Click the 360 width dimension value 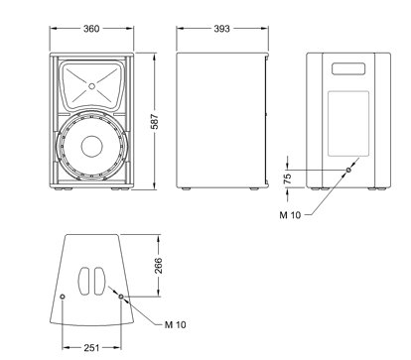pos(91,29)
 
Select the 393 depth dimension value pos(221,29)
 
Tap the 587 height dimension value pos(155,122)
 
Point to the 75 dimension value pos(288,179)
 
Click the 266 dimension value pos(159,266)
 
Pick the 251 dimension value pos(91,348)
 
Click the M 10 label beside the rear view pos(290,215)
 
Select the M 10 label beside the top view pos(176,324)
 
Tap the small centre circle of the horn pos(91,86)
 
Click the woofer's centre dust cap pos(91,146)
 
